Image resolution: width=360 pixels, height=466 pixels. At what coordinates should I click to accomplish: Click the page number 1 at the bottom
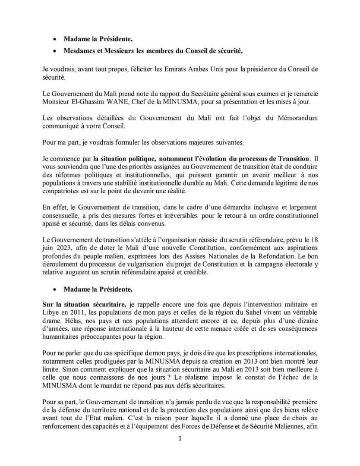click(x=180, y=439)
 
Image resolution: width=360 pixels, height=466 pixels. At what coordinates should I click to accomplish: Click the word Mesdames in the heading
click(x=79, y=51)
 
